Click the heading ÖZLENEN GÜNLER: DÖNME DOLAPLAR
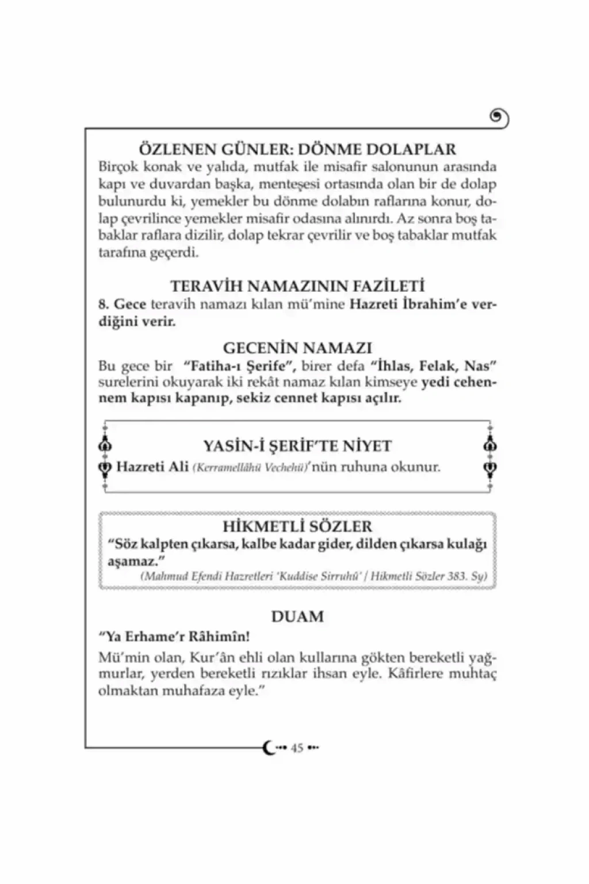297,149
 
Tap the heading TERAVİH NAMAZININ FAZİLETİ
297,286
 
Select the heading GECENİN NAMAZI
297,348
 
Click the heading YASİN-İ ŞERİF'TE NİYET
297,446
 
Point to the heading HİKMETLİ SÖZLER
297,526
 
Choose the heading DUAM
297,616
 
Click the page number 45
297,748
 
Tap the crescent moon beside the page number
269,748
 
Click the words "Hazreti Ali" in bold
152,466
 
